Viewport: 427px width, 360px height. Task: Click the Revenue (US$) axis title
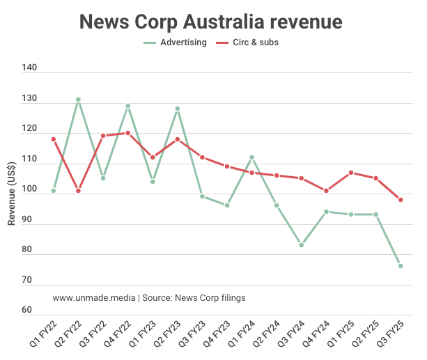click(x=12, y=190)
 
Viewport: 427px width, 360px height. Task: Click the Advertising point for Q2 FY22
click(x=78, y=100)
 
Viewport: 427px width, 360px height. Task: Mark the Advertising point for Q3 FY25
click(x=401, y=266)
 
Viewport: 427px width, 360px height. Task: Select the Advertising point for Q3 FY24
click(x=302, y=245)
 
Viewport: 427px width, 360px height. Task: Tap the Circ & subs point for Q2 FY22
click(x=78, y=191)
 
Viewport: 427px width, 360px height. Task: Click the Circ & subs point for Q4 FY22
click(x=127, y=133)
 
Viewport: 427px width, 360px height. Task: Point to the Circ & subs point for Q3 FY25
click(x=401, y=200)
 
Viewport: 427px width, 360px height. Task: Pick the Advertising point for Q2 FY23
click(x=178, y=109)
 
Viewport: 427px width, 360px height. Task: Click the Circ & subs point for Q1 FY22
click(x=54, y=139)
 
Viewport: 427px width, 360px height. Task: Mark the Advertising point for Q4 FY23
click(x=227, y=205)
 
